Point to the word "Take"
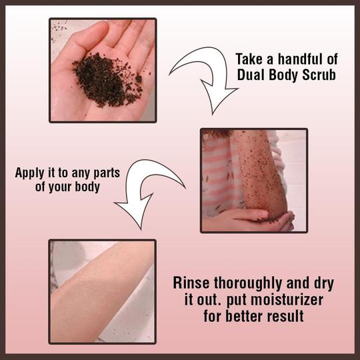(x=249, y=59)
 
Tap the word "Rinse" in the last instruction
(x=191, y=283)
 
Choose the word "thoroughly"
(x=248, y=283)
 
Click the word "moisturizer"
(x=275, y=299)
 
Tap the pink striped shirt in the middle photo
(x=218, y=175)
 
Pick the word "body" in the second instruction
(x=87, y=187)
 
